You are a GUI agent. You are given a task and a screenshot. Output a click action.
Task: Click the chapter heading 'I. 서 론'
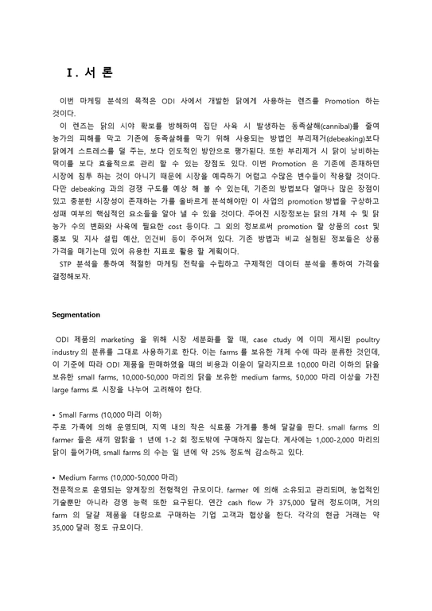tap(90, 72)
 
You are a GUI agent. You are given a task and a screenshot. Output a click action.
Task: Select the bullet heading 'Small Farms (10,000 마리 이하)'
tap(109, 414)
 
